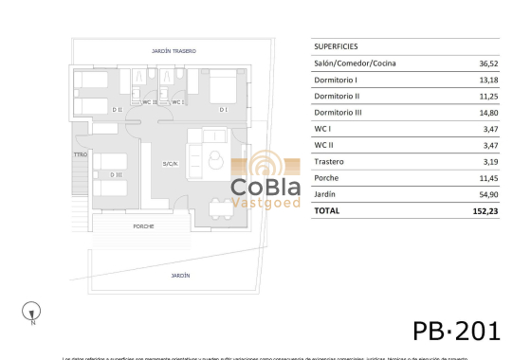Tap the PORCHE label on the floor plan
click(x=144, y=226)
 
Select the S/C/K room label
click(x=171, y=164)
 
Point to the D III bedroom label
click(x=115, y=174)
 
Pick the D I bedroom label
click(x=224, y=110)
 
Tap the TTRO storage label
click(x=81, y=154)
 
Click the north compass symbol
click(x=33, y=309)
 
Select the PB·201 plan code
click(x=456, y=330)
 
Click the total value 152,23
click(x=486, y=210)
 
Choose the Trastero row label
click(x=330, y=161)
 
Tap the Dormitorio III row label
click(x=338, y=113)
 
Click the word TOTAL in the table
click(x=326, y=210)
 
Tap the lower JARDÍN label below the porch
click(x=180, y=275)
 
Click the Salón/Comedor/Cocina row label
click(x=355, y=63)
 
